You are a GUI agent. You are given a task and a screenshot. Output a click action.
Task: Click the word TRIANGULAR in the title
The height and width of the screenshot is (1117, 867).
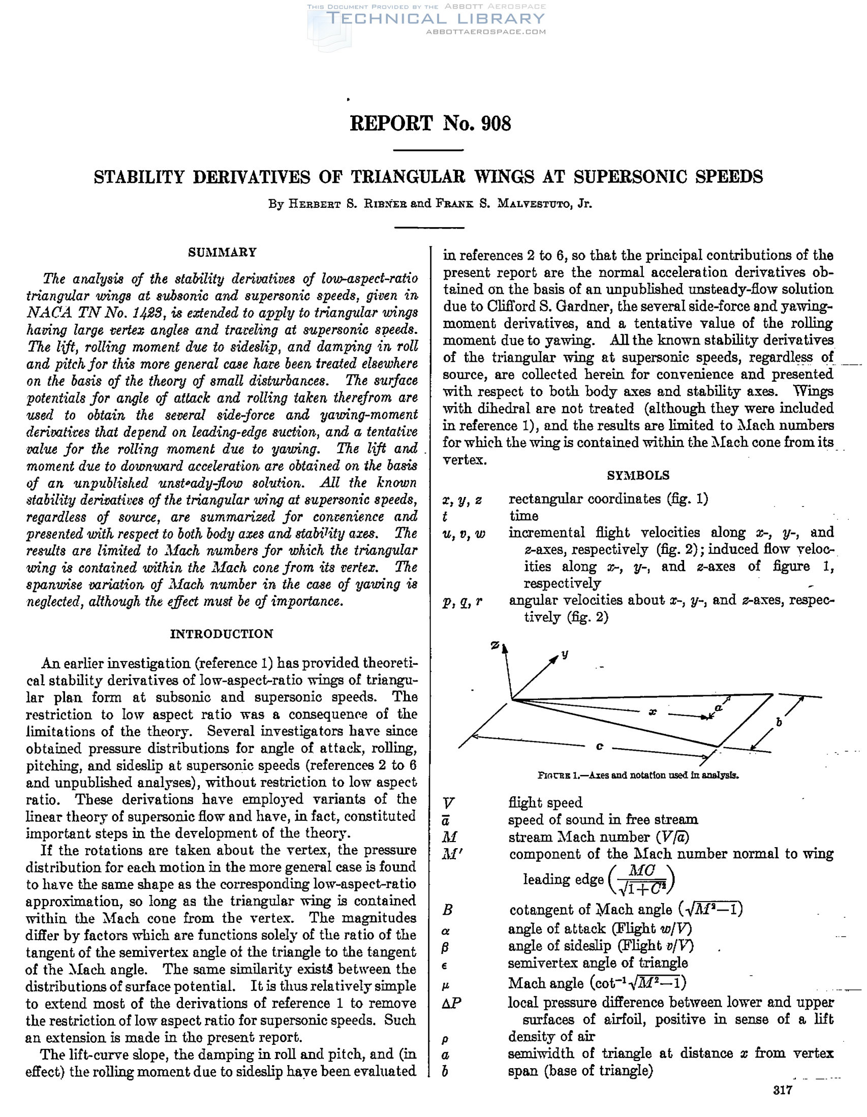(408, 177)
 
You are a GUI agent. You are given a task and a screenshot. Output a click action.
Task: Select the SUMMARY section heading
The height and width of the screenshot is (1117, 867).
(222, 252)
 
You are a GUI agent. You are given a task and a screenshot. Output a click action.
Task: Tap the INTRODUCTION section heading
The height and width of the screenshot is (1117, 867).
(222, 634)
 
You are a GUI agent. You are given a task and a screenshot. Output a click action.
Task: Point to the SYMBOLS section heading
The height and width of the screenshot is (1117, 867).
(638, 475)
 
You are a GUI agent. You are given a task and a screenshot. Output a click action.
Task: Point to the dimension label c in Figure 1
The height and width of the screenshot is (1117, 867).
(600, 746)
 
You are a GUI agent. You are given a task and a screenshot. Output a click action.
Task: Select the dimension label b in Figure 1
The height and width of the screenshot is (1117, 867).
(780, 722)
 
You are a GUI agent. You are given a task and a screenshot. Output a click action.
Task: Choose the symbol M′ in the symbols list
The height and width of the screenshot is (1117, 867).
(450, 854)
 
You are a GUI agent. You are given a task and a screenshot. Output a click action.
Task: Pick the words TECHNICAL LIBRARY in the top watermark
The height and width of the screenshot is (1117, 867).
(435, 19)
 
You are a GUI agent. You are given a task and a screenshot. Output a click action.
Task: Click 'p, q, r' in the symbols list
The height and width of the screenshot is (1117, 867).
(462, 602)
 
